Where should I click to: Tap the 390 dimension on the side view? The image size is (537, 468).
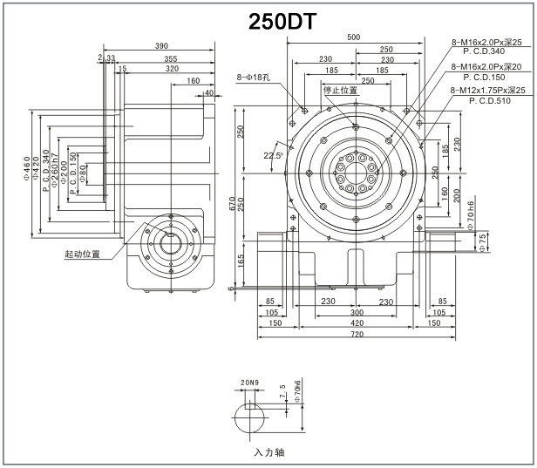161,45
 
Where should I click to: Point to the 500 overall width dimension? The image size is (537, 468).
353,37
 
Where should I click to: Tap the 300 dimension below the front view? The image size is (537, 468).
357,311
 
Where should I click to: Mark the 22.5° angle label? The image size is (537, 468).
273,155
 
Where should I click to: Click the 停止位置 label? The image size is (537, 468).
340,91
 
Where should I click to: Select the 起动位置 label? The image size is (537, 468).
82,255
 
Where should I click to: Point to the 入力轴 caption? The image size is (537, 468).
268,452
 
